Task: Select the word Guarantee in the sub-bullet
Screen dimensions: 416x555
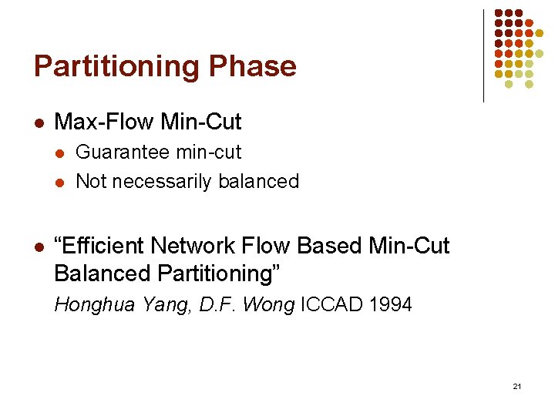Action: click(123, 153)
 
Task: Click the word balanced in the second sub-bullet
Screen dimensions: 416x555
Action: click(259, 182)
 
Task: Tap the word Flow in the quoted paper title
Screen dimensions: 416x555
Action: click(267, 246)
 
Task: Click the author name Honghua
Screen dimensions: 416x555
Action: click(90, 305)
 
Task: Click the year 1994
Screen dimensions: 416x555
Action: click(391, 305)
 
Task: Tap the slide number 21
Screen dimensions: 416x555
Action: click(516, 386)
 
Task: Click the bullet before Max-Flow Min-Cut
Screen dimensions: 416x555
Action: click(39, 122)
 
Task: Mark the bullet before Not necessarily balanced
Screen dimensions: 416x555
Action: click(61, 183)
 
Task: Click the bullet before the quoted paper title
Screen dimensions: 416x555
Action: click(39, 247)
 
